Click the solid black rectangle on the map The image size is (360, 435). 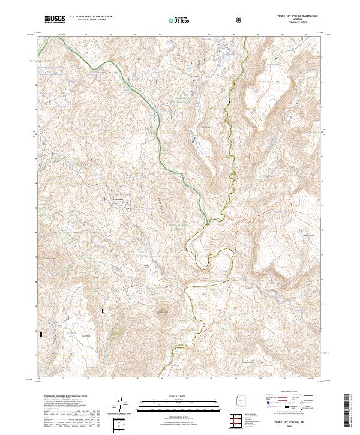[103, 311]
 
